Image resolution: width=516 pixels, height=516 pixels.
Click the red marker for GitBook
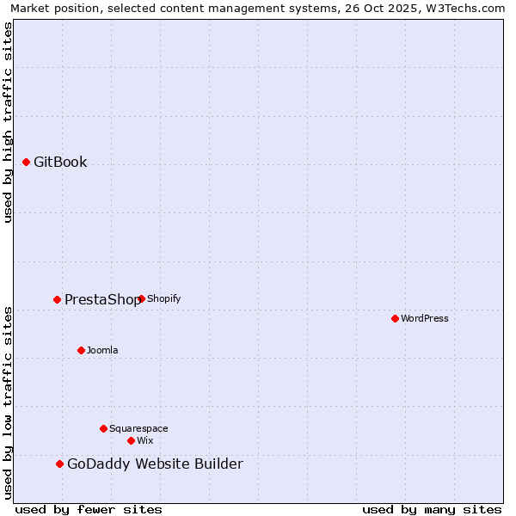(x=26, y=162)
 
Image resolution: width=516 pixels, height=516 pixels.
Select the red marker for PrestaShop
(x=57, y=299)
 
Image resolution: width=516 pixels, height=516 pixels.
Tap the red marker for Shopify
(x=141, y=298)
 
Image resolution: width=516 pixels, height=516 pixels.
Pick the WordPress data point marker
(x=395, y=318)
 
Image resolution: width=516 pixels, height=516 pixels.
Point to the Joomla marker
(x=81, y=350)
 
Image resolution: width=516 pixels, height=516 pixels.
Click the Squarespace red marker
(x=103, y=428)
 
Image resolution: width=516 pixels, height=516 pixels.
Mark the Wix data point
(x=131, y=440)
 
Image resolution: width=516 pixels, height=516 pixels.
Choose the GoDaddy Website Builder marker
(x=59, y=464)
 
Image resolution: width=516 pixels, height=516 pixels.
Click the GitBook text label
(x=60, y=162)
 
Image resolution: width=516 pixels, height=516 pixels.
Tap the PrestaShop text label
(x=101, y=299)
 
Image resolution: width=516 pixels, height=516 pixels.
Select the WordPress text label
(x=425, y=318)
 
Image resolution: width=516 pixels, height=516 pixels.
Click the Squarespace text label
(x=138, y=428)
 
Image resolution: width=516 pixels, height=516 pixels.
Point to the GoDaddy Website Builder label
(x=155, y=464)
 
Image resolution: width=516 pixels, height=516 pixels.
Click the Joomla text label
(x=102, y=350)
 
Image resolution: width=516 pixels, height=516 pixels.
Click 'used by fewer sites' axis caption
(x=89, y=509)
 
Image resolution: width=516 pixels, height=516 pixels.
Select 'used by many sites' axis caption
(x=432, y=509)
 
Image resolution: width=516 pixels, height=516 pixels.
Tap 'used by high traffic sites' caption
(x=8, y=122)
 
